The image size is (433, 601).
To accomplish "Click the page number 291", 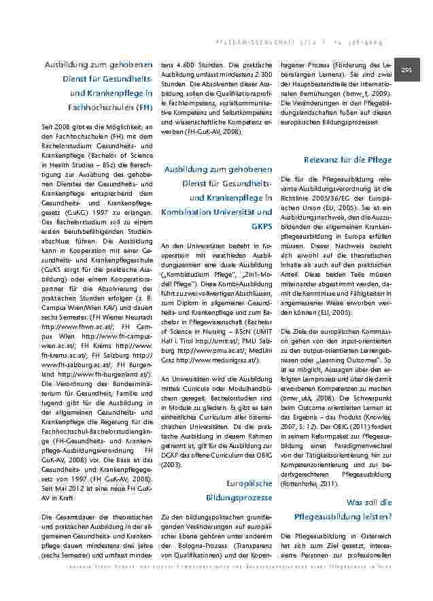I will pyautogui.click(x=407, y=71).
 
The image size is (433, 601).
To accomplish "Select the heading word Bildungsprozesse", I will pyautogui.click(x=243, y=498).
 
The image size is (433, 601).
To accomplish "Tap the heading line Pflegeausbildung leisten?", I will pyautogui.click(x=343, y=516).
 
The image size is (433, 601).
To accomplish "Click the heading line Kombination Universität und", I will pyautogui.click(x=216, y=211).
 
